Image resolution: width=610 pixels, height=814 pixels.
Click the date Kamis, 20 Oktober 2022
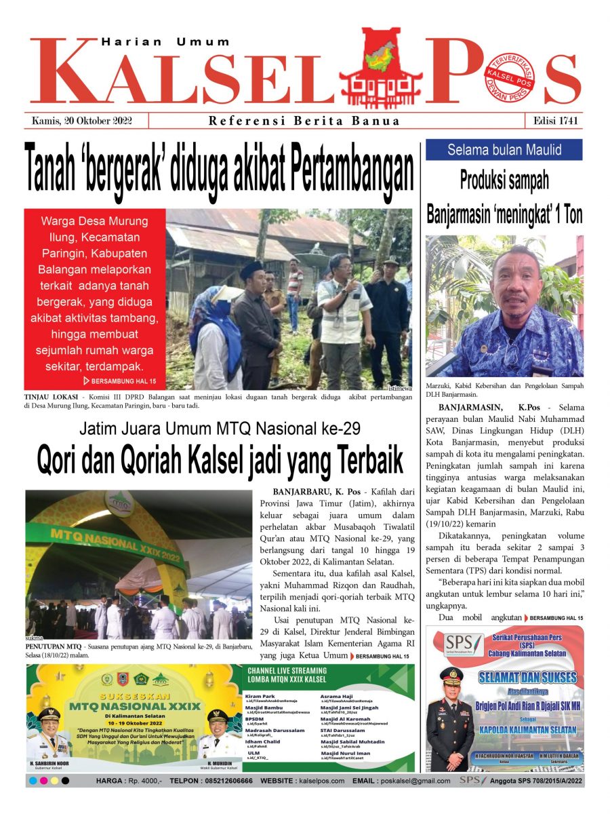(81, 121)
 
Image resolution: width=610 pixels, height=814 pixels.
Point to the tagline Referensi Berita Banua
(304, 121)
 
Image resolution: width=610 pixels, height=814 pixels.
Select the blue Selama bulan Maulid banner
(504, 149)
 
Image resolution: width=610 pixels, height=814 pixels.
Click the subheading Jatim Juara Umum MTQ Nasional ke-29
(219, 429)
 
